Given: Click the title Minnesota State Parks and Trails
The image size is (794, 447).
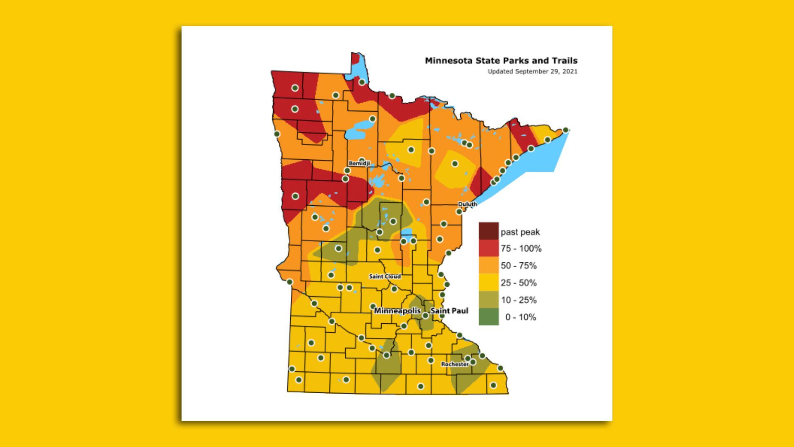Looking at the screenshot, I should pos(501,60).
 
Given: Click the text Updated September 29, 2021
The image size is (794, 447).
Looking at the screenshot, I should pos(532,71).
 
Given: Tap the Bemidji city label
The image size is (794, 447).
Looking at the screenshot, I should pos(359,163).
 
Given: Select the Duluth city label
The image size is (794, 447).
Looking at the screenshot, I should pos(467,204).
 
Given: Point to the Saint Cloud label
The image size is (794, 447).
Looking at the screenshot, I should pos(385,276).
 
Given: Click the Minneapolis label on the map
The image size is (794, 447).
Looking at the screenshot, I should pos(397,310).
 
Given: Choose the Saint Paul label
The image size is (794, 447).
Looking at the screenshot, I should pos(450,310).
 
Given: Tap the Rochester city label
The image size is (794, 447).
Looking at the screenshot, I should pos(454,364).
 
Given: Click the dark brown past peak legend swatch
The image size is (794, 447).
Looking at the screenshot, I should pos(488,231).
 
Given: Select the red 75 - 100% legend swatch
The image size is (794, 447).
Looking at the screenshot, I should pos(488,248).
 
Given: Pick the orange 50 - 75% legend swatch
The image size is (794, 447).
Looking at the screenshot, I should pos(488,265).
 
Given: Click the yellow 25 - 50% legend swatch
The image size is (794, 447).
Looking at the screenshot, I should pos(488,283).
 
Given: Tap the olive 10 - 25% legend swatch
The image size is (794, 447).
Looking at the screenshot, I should pos(488,300).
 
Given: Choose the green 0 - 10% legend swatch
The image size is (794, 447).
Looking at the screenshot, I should pos(488,317).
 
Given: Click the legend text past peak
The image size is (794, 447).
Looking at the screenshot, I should pos(520,232).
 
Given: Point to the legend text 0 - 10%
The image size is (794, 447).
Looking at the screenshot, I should pos(520,317).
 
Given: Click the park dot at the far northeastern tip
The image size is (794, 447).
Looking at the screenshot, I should pos(565,130).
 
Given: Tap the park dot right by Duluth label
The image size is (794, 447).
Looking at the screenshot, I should pos(459,211).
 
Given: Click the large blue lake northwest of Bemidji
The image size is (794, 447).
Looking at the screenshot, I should pos(356,130).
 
